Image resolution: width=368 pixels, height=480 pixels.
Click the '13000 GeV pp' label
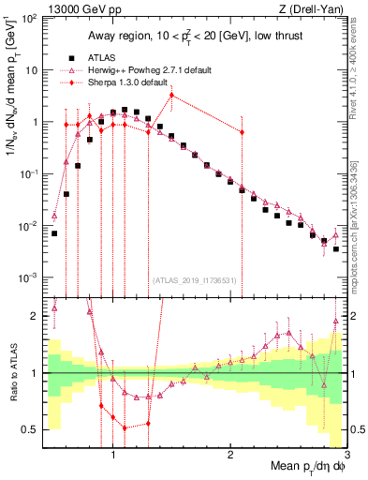[77, 8]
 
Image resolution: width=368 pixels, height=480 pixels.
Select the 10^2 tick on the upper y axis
[28, 19]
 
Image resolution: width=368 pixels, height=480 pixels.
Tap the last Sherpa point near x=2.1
[242, 132]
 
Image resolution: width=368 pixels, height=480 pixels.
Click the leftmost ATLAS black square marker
[54, 233]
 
